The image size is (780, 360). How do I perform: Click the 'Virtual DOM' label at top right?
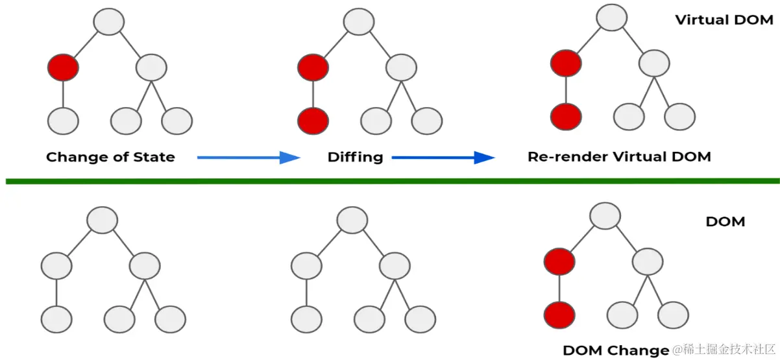724,19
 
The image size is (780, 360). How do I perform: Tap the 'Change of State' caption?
110,157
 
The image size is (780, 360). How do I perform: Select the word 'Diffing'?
355,157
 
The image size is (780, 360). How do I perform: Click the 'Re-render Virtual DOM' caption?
618,157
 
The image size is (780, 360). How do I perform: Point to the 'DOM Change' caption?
615,350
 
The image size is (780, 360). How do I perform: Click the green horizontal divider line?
389,181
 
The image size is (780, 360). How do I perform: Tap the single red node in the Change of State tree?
63,67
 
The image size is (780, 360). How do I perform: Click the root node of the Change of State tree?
108,22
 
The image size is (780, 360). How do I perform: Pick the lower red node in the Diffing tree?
313,121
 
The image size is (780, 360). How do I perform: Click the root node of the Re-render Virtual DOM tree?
611,18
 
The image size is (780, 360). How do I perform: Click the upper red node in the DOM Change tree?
559,262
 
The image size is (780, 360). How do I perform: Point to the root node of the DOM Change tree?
605,217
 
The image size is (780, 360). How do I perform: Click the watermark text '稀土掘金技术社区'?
724,350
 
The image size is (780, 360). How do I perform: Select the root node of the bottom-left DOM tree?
102,221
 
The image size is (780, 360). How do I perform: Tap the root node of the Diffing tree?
358,22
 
